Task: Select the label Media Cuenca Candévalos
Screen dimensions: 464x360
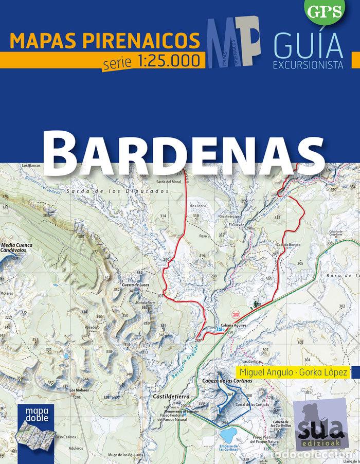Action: [x=17, y=248]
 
